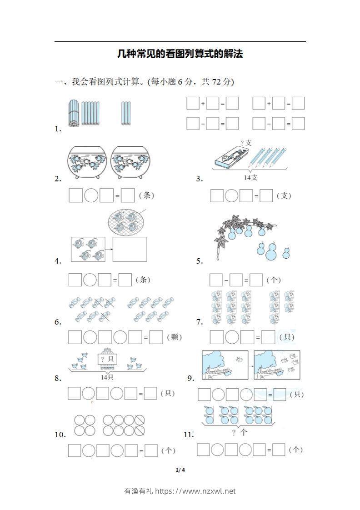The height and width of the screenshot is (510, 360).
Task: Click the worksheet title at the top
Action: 180,54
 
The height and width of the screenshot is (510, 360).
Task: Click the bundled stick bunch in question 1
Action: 74,113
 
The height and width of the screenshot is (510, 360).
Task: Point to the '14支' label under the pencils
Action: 250,178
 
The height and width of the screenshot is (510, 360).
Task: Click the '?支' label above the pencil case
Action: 246,143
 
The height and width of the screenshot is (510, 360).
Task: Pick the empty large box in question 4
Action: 130,249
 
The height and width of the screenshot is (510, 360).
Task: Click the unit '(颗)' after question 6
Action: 174,337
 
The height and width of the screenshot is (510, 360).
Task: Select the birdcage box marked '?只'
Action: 107,360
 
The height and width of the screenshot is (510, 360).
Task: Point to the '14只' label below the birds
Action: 107,377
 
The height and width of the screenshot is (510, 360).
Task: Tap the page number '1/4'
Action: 180,470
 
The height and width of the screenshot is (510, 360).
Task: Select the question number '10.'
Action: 60,435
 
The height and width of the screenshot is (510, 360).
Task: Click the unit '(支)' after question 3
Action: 284,196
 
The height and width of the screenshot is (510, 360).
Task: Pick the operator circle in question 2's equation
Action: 91,196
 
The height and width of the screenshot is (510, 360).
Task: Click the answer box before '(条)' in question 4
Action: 125,280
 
